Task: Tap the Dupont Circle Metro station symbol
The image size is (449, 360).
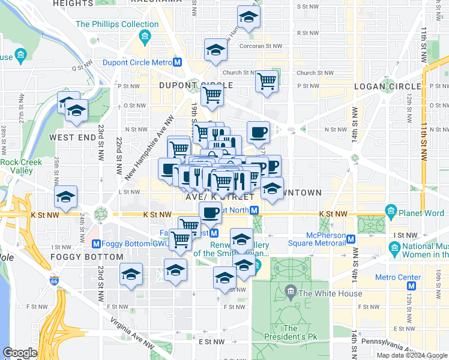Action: [x=178, y=62]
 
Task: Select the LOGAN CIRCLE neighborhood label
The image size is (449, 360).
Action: [x=382, y=86]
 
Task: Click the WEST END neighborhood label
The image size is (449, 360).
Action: [x=73, y=137]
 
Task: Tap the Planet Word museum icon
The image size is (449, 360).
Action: [x=391, y=211]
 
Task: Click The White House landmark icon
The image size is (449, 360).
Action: [x=291, y=293]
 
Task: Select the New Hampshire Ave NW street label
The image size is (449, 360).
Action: [x=149, y=148]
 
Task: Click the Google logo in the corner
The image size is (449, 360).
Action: [x=20, y=353]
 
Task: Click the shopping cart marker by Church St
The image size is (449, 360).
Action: [x=267, y=80]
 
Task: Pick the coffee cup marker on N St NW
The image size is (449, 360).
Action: [x=258, y=131]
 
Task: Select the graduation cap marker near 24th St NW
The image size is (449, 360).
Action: [x=66, y=196]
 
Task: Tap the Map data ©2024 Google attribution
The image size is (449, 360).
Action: [x=411, y=355]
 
